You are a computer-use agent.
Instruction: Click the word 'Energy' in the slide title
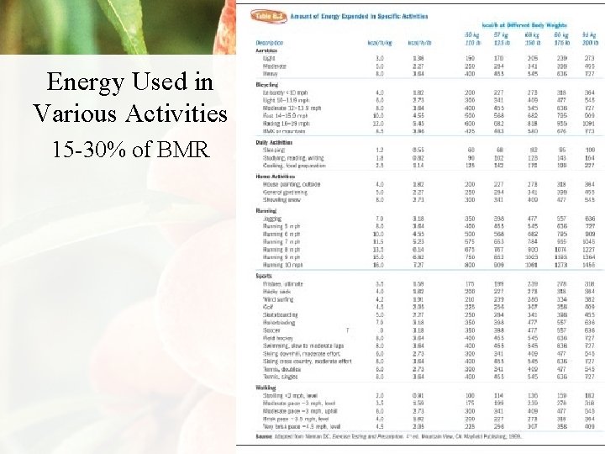(87, 82)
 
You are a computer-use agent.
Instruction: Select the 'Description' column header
(270, 42)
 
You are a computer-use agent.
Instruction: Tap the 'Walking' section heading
(266, 388)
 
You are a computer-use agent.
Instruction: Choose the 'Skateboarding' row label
(281, 314)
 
